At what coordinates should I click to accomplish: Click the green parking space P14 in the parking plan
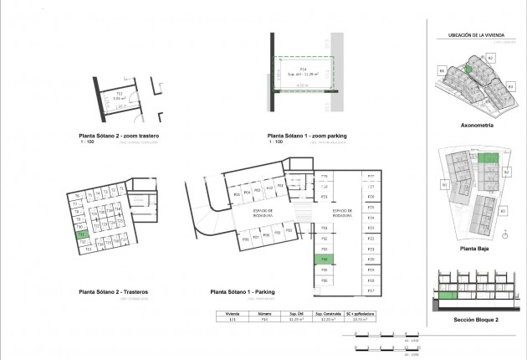point(324,260)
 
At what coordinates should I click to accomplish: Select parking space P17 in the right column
point(370,291)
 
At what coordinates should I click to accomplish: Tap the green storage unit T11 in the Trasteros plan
point(81,234)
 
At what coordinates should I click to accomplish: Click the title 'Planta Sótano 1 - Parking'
point(244,292)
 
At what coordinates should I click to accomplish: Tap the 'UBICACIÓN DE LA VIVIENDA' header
point(477,36)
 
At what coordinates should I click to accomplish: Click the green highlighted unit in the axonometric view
point(468,69)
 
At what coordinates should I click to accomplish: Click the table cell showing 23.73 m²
point(362,319)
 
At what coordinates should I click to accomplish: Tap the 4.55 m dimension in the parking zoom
point(304,85)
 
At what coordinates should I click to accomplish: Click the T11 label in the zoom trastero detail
point(120,92)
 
